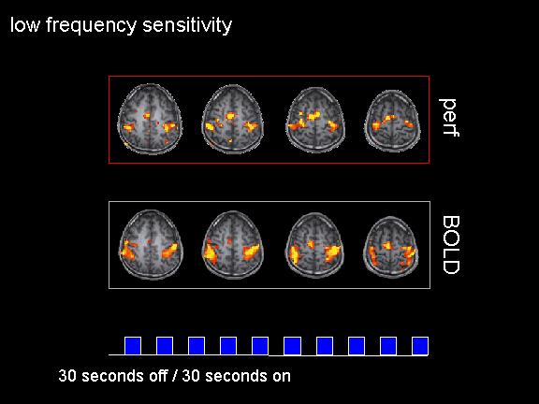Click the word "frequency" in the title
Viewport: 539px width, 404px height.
(x=91, y=26)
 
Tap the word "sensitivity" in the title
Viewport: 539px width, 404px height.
(x=187, y=26)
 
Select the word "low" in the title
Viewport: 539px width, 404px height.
(x=25, y=24)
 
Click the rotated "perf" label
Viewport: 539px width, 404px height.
(x=448, y=117)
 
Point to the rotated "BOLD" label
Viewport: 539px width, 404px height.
(x=451, y=245)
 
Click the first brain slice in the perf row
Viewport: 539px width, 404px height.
(x=150, y=119)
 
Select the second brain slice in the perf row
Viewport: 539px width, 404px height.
(x=233, y=119)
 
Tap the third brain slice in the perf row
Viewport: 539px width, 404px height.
(x=315, y=119)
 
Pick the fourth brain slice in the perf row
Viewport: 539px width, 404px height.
(x=392, y=121)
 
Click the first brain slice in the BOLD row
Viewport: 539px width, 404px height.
(x=151, y=245)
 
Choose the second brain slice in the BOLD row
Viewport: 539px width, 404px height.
(x=233, y=245)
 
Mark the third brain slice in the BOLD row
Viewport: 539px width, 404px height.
(x=314, y=245)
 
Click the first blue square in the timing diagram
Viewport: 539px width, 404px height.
(x=133, y=346)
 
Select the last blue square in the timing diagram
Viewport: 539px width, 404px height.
(x=420, y=346)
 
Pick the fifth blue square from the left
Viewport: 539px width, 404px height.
(x=260, y=346)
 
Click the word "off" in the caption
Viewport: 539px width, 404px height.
(x=158, y=376)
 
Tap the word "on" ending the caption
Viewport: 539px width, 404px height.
(x=282, y=377)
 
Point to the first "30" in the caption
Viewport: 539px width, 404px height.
(x=67, y=376)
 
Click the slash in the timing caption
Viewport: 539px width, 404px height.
(x=175, y=376)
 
